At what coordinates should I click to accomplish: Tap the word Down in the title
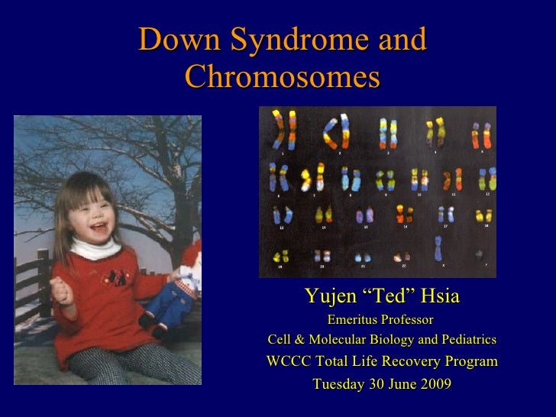(x=173, y=40)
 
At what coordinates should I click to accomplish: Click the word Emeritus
(x=354, y=319)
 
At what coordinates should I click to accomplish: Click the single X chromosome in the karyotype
(x=438, y=249)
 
